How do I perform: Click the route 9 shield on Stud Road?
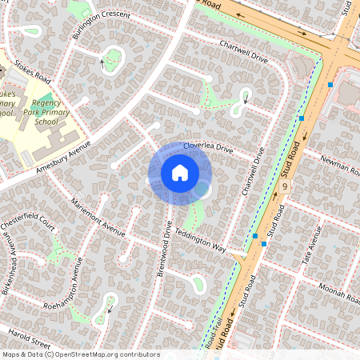click(285, 186)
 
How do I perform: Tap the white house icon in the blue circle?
click(179, 173)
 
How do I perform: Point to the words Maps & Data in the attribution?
click(22, 354)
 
